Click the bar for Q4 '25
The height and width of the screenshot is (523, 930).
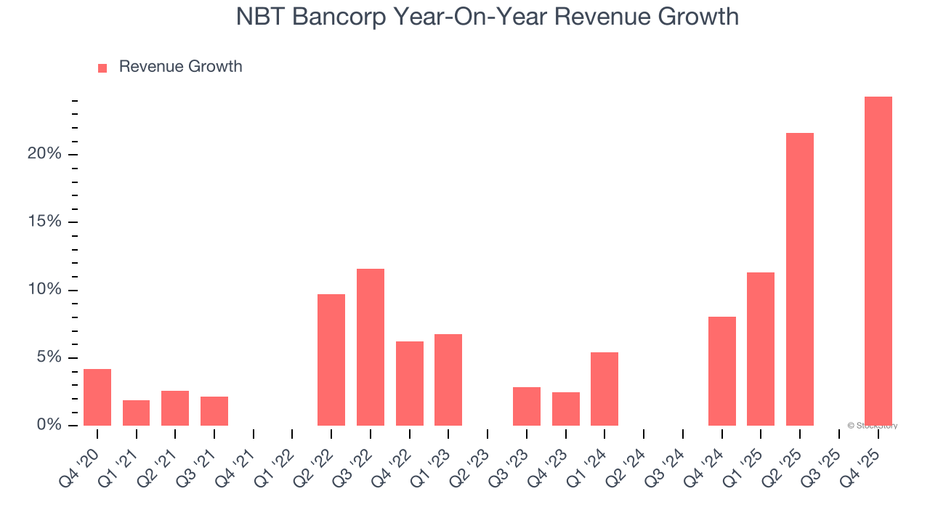click(878, 261)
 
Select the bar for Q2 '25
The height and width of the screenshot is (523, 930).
click(800, 279)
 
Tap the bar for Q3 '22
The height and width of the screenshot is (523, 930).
click(371, 347)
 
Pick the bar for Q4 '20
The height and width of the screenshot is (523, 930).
click(97, 397)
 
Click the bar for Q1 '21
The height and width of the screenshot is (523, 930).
click(136, 413)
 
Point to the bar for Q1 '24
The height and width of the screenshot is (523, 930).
click(604, 389)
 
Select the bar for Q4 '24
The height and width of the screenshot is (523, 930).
click(722, 371)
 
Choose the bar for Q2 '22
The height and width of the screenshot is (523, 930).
click(331, 360)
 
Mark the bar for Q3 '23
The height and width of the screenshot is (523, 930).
click(527, 406)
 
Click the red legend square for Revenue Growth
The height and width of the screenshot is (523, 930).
click(102, 68)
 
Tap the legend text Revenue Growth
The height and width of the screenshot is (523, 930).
click(180, 67)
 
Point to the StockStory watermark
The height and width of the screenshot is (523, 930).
click(872, 426)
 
